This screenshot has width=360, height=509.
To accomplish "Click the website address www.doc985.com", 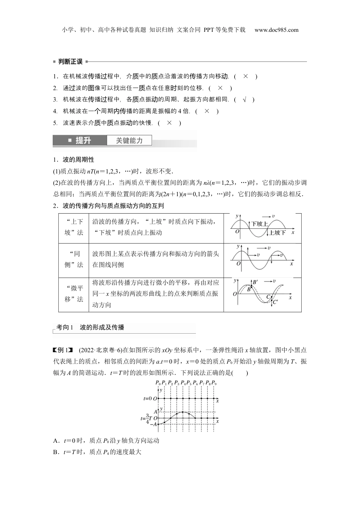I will pos(277,30).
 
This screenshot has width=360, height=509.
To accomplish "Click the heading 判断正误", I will pos(70,62).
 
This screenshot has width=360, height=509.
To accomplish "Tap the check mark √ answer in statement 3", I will pos(244,100).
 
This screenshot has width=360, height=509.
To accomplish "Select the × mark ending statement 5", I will pos(169,123).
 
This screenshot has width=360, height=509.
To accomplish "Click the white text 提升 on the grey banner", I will pos(83,141).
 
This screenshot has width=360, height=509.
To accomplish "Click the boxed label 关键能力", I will pos(129,141).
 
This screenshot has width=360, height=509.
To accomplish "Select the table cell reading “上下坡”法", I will pos(74,227).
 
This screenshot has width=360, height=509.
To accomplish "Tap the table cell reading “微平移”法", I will pos(74,294).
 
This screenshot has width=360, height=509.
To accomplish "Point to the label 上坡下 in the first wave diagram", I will pos(277,233).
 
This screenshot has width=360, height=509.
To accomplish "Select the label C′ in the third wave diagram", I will pos(275,302).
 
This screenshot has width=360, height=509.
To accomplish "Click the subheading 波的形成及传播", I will pos(102,327).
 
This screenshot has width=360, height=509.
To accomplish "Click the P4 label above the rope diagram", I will pos(183,383).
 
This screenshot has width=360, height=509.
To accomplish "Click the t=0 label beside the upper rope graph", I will pos(147,398).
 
